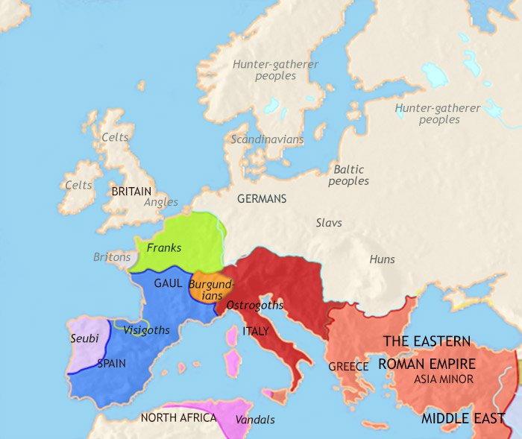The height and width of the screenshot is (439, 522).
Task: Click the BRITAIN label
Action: tap(131, 192)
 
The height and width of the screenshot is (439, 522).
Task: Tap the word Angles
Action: tap(161, 202)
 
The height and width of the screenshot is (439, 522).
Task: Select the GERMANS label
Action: tap(262, 200)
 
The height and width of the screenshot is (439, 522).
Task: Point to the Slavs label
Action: tap(329, 223)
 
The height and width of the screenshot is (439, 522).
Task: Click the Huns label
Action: tap(382, 259)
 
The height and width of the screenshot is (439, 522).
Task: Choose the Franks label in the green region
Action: tap(164, 247)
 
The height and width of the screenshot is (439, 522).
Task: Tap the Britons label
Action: tap(112, 257)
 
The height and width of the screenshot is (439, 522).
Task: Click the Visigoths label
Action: tap(146, 330)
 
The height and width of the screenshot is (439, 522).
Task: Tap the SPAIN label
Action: tap(111, 364)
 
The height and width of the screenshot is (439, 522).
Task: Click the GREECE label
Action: tap(348, 367)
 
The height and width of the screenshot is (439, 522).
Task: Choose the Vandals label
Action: tap(254, 420)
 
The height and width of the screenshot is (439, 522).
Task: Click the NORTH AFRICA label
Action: tap(178, 418)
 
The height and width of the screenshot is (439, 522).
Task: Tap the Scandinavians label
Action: tap(267, 139)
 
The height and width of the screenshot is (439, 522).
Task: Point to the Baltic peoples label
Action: tap(349, 175)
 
